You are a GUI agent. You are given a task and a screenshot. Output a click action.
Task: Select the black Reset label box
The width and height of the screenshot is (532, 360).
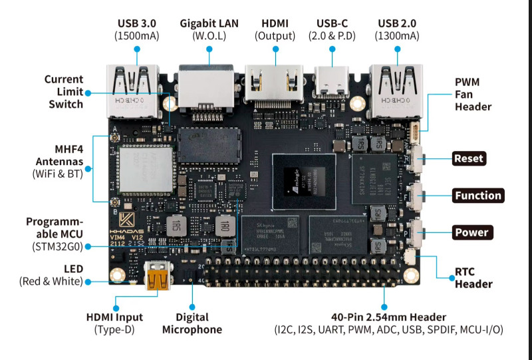pos(469,159)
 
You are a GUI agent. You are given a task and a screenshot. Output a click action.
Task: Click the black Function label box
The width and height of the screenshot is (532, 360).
pos(477,196)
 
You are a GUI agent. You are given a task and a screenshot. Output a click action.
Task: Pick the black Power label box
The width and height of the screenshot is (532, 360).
pos(471,233)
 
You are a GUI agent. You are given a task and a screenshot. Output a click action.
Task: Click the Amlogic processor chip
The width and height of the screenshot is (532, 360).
pos(303,182)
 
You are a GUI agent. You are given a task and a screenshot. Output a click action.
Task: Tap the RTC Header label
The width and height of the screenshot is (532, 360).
pos(473,277)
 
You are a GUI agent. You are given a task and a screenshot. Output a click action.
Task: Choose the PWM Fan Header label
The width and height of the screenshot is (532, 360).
pos(473,94)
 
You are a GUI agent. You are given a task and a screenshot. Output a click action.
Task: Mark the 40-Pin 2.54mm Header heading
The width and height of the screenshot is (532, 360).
pos(388,317)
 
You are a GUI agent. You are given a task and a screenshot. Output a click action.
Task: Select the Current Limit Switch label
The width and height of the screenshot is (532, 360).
pos(65,91)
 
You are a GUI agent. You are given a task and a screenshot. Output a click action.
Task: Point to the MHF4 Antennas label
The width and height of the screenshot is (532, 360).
pos(59,154)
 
